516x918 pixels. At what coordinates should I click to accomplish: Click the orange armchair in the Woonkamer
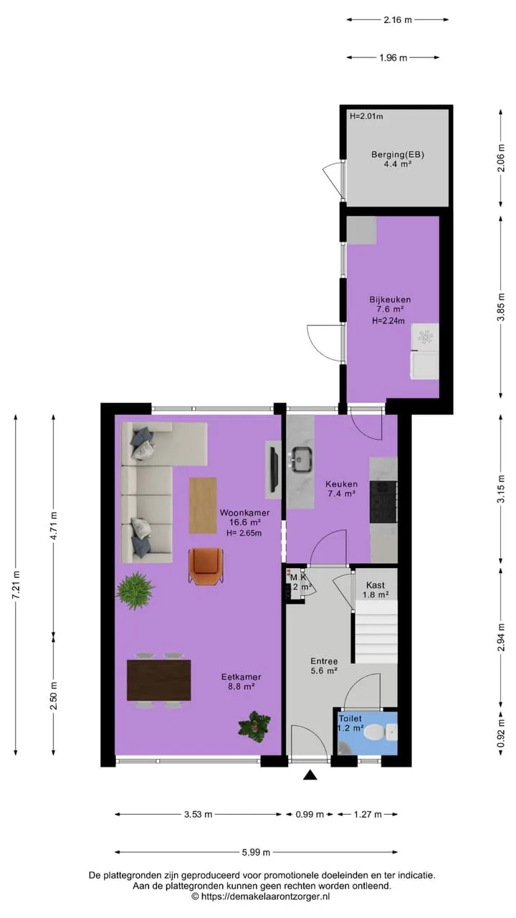206,566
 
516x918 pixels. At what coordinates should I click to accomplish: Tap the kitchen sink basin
302,459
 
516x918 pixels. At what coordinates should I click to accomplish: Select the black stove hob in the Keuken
383,501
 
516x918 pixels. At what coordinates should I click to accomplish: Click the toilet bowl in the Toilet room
374,732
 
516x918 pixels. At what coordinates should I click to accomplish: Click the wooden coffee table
203,506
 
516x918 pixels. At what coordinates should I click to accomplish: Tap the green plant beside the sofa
135,591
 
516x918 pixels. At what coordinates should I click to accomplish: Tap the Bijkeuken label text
390,300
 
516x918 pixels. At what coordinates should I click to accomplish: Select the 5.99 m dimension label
256,853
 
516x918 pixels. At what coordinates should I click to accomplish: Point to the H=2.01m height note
366,116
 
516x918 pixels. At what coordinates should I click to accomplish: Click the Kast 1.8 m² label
376,590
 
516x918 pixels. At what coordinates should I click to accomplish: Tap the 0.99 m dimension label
310,814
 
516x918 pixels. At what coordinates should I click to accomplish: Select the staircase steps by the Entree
376,632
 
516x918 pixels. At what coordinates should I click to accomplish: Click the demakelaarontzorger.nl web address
265,896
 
